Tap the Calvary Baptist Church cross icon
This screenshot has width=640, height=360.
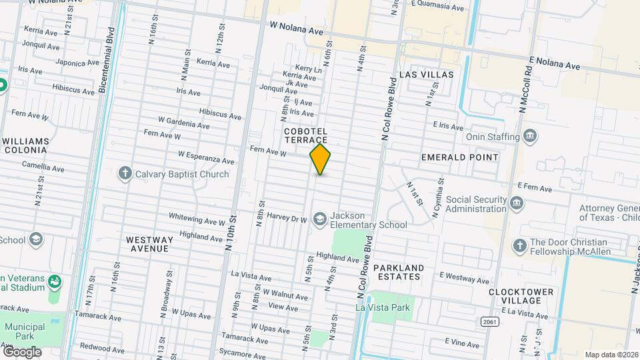point(125,174)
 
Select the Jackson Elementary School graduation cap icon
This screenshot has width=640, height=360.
point(320,219)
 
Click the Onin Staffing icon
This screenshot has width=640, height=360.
point(530,137)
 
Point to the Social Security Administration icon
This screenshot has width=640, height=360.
point(516,203)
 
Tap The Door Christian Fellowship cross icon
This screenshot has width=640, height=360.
point(519,246)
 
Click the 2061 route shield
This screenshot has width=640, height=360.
point(489,321)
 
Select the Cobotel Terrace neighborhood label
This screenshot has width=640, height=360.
point(306,135)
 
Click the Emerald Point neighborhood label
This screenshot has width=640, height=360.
point(459,157)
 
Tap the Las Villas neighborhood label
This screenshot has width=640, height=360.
point(426,75)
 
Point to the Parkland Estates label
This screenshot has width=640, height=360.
point(398,272)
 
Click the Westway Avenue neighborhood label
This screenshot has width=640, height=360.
point(149,243)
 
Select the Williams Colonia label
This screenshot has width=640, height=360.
point(26,145)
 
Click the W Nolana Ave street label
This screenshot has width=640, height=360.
point(296,31)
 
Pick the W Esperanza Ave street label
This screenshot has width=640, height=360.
point(206,157)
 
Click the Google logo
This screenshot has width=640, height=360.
point(21,351)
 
